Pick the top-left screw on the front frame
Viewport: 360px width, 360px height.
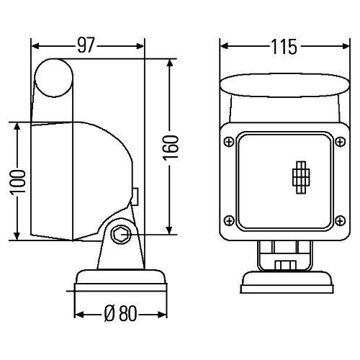coord(228,139)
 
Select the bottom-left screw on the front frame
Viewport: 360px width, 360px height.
coord(228,220)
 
